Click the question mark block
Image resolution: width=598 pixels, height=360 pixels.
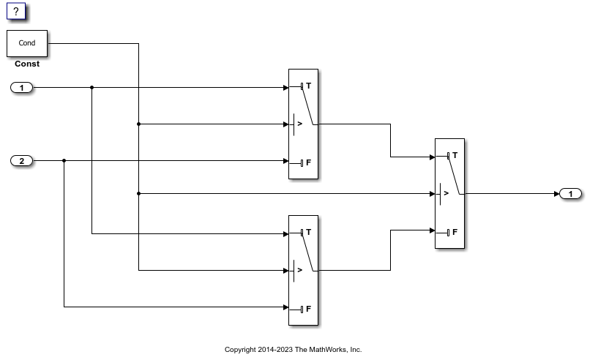pyautogui.click(x=17, y=11)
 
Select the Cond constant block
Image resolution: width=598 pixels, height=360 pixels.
pyautogui.click(x=27, y=43)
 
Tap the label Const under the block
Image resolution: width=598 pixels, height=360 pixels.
pyautogui.click(x=27, y=64)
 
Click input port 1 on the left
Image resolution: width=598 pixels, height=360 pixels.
pyautogui.click(x=22, y=88)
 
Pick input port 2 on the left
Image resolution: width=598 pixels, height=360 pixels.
pyautogui.click(x=22, y=161)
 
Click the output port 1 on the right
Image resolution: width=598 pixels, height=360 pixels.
pyautogui.click(x=570, y=194)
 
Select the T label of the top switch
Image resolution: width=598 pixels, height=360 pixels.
pyautogui.click(x=308, y=86)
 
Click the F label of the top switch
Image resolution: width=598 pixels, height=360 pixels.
pyautogui.click(x=308, y=162)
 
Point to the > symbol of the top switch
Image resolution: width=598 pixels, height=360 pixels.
pyautogui.click(x=300, y=124)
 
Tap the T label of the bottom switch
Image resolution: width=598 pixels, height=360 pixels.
pyautogui.click(x=308, y=232)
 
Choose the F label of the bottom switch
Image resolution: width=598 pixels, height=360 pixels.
pyautogui.click(x=308, y=308)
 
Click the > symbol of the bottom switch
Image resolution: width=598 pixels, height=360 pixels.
pyautogui.click(x=300, y=270)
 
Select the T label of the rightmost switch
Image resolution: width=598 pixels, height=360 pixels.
pyautogui.click(x=455, y=155)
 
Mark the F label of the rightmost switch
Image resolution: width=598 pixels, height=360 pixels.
pyautogui.click(x=455, y=232)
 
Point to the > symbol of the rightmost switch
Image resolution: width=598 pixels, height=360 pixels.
pyautogui.click(x=446, y=194)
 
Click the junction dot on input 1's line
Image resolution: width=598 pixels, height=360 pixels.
pyautogui.click(x=91, y=88)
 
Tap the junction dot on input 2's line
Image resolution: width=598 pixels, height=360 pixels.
pyautogui.click(x=64, y=161)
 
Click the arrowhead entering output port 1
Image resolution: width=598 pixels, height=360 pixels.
pyautogui.click(x=555, y=194)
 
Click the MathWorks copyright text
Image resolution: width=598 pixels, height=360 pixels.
pyautogui.click(x=293, y=349)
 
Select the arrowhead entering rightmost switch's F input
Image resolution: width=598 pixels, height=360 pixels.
pyautogui.click(x=431, y=230)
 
